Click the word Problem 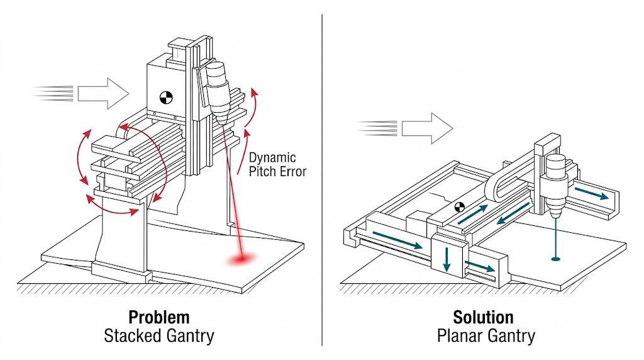coord(158,317)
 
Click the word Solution coord(483,317)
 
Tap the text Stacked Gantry coord(158,336)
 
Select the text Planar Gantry coord(486,336)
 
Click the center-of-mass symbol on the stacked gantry coord(166,98)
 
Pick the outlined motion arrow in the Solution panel coord(427,128)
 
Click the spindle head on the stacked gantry coord(219,88)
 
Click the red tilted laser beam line coord(231,189)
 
